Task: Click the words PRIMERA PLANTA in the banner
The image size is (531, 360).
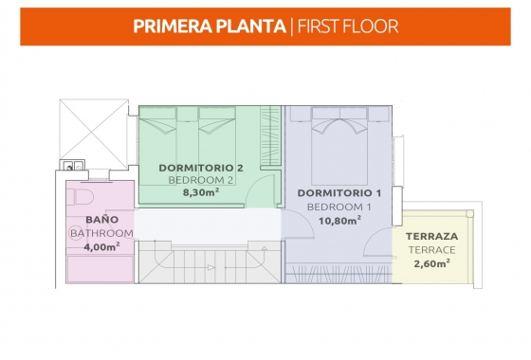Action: [210, 27]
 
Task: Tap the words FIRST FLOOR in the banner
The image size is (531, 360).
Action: [348, 27]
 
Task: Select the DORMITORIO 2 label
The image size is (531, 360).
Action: [201, 168]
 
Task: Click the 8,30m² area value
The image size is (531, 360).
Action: [201, 192]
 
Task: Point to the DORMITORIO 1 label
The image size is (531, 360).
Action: [339, 193]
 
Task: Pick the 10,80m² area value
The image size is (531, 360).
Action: [339, 221]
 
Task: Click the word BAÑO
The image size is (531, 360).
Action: [102, 219]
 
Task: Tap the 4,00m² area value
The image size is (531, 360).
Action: [101, 246]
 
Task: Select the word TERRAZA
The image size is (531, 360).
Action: [431, 236]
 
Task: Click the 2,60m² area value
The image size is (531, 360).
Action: [431, 263]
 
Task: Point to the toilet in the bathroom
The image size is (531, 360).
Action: [81, 197]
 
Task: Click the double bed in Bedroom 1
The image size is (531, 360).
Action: [339, 146]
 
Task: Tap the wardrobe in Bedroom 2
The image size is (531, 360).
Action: [270, 135]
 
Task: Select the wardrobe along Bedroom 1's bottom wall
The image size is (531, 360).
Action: [339, 273]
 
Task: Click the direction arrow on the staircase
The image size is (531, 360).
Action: [211, 267]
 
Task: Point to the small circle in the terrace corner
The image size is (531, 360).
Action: [469, 214]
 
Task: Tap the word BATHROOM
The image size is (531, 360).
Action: [102, 233]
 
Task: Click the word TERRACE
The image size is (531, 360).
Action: [431, 250]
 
